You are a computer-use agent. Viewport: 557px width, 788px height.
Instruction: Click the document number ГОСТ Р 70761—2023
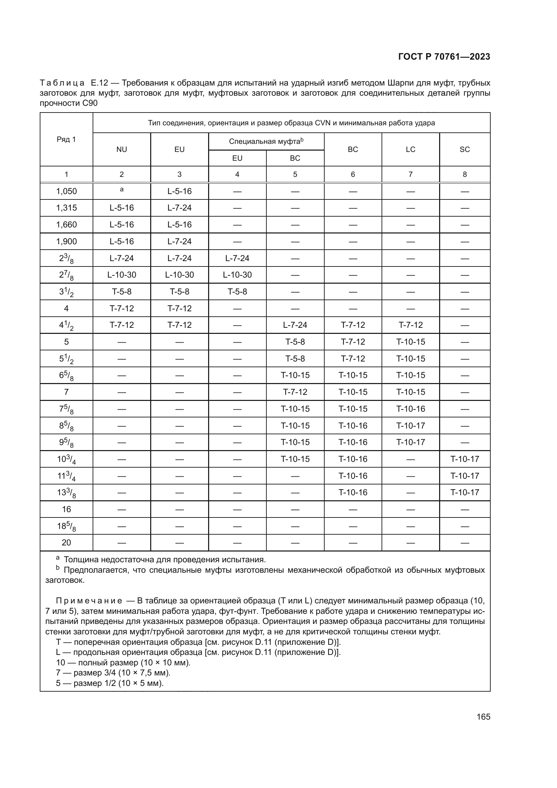pos(444,57)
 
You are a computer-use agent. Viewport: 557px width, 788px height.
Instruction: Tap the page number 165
pos(483,717)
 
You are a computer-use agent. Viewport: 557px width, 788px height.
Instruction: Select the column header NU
pos(122,149)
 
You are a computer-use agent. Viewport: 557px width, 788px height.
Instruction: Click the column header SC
pos(464,149)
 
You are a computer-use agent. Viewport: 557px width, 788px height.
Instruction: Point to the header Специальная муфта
pos(266,141)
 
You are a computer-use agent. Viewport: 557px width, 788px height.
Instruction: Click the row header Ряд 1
pos(66,139)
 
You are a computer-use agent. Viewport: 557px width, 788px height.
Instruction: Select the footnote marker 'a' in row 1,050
pos(122,189)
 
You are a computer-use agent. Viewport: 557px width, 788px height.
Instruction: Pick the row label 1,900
pos(66,241)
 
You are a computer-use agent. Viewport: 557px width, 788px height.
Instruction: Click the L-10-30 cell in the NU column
pos(122,275)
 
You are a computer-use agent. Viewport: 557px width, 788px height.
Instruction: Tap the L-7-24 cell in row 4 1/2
pos(295,325)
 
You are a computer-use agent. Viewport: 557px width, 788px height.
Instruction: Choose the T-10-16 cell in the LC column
pos(411,409)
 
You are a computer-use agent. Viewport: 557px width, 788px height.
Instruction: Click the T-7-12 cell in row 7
pos(295,392)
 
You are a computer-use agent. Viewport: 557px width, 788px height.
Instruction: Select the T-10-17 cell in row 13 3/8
pos(464,492)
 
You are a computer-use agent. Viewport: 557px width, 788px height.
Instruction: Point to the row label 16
pos(66,509)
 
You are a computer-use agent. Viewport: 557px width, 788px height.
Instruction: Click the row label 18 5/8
pos(66,526)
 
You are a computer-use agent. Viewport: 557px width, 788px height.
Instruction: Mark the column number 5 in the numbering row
pos(295,175)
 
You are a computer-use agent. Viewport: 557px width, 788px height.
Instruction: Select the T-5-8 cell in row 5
pos(295,342)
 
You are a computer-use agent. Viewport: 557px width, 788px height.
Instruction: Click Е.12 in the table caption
pos(99,83)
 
